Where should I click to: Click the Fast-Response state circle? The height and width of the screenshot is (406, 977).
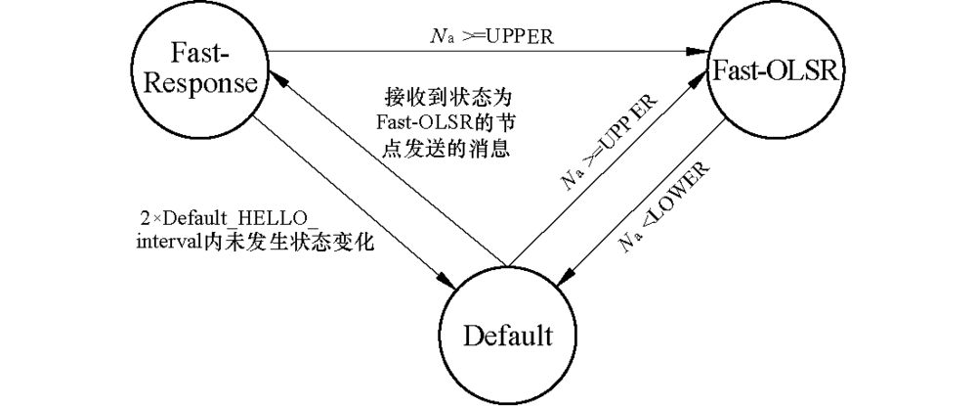pos(203,69)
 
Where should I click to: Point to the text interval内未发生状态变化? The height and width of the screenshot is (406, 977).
pos(257,241)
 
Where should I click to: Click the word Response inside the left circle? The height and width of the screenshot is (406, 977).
pos(203,83)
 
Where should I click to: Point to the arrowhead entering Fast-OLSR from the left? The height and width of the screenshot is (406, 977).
pos(701,51)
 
